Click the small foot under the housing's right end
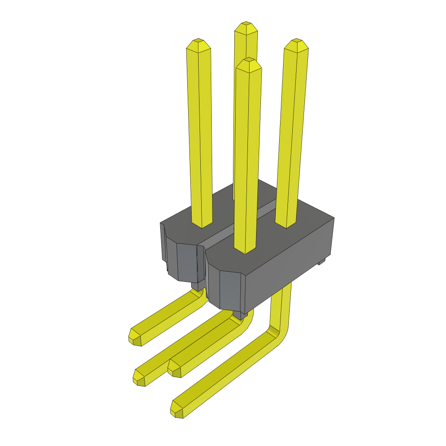pyautogui.click(x=322, y=261)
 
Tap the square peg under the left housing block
pyautogui.click(x=198, y=286)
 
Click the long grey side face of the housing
pyautogui.click(x=290, y=266)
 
